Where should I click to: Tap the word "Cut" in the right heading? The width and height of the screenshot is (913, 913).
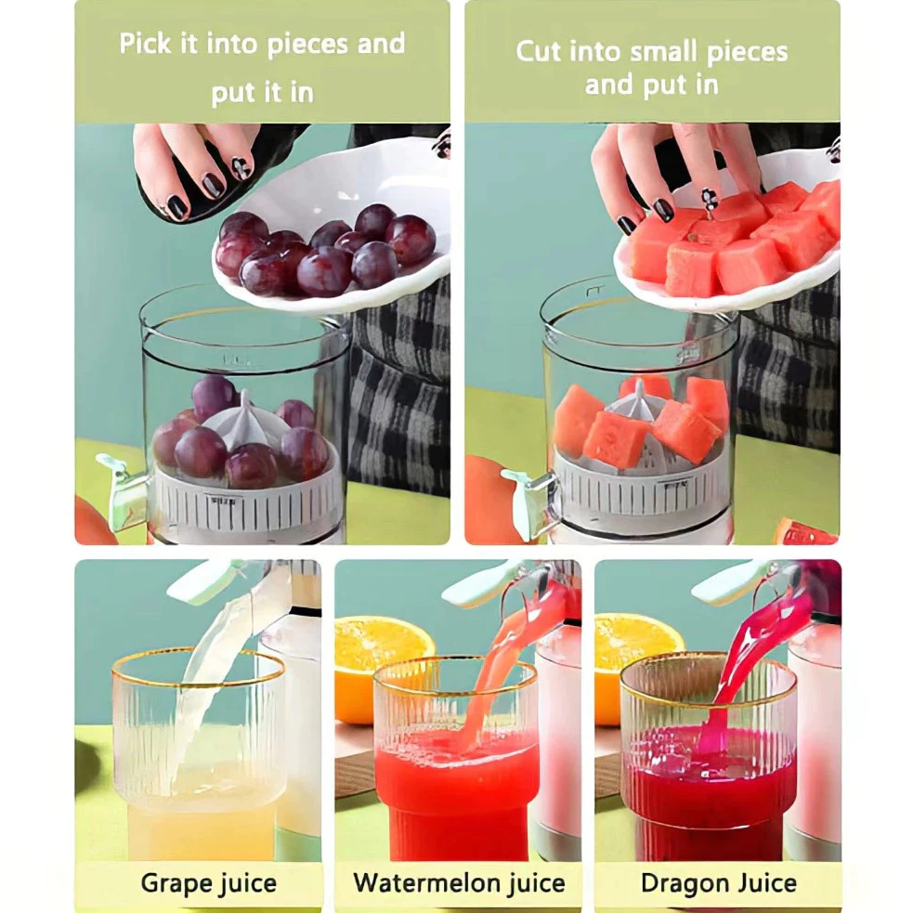tap(538, 51)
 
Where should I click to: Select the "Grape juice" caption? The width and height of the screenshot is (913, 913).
tap(208, 883)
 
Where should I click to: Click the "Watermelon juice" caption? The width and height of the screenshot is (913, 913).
tap(459, 882)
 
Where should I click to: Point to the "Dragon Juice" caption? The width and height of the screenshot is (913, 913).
tap(719, 882)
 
